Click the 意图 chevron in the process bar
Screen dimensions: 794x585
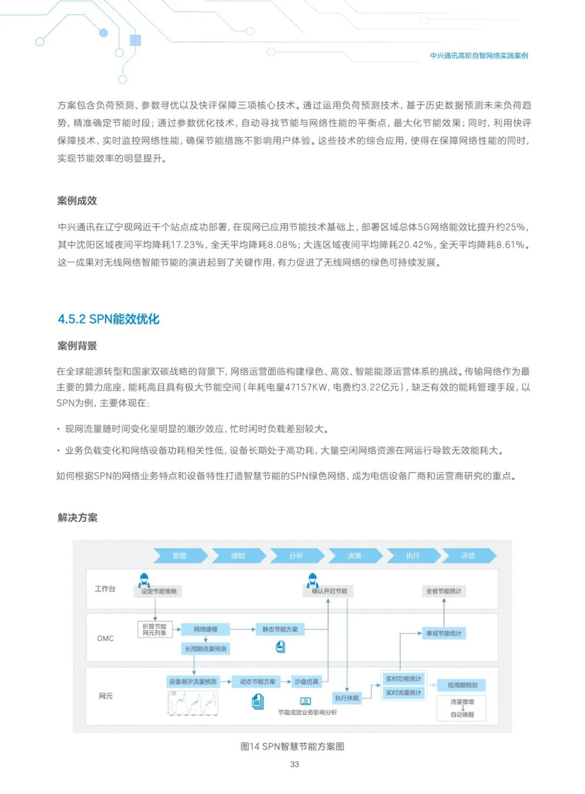(x=180, y=556)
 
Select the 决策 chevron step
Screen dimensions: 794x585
(x=354, y=556)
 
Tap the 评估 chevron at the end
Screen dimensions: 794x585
(x=468, y=556)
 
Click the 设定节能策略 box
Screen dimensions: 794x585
(x=159, y=591)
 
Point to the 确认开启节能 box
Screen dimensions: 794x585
(x=329, y=591)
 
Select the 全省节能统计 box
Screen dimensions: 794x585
(x=444, y=591)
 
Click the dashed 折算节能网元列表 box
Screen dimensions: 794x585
(x=154, y=629)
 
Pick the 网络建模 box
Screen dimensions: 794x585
(x=205, y=629)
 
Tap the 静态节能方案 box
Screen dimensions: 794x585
(x=280, y=629)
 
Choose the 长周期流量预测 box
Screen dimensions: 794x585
(x=206, y=649)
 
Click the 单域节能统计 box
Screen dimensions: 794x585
(x=444, y=633)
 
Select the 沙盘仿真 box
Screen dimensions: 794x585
(x=307, y=682)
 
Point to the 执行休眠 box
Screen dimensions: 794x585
(x=347, y=698)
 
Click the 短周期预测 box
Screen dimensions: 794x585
(x=462, y=685)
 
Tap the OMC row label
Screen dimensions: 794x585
(x=105, y=639)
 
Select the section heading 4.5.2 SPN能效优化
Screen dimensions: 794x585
(x=108, y=319)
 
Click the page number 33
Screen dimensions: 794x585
(x=295, y=764)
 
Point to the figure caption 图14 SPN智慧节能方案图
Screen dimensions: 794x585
(x=292, y=746)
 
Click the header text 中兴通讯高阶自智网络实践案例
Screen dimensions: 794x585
(x=479, y=56)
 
